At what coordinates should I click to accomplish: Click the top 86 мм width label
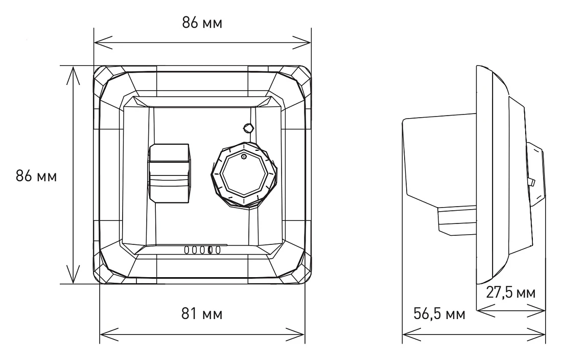(x=202, y=23)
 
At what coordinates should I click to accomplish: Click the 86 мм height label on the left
(x=36, y=176)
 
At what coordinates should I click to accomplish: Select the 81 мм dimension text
(x=202, y=314)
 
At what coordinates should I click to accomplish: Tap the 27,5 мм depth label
(x=511, y=292)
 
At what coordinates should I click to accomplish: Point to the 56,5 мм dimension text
(x=439, y=313)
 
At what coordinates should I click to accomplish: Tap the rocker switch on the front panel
(x=169, y=173)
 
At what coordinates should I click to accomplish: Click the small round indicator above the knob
(x=248, y=127)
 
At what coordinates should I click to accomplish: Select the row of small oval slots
(x=202, y=250)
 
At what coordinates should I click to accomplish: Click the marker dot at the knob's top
(x=243, y=156)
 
